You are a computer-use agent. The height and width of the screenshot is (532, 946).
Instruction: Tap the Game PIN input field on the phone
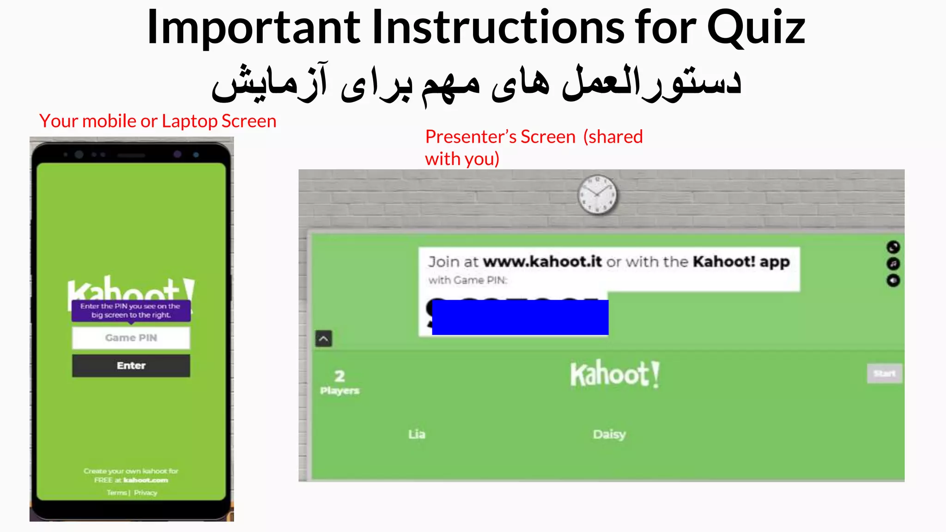[131, 338]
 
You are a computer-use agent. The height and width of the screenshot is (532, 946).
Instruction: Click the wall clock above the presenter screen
[597, 195]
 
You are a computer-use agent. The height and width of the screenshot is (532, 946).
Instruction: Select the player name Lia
[417, 434]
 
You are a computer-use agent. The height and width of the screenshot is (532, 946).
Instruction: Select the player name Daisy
[609, 434]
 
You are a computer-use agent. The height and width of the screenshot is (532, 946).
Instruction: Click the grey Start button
[884, 373]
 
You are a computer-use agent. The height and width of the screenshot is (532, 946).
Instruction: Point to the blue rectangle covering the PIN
[520, 317]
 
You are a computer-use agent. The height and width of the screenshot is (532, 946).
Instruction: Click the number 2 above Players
[340, 376]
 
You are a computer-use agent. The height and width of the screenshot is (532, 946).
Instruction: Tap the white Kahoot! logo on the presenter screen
[615, 374]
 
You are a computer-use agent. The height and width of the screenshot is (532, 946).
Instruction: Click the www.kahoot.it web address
[542, 262]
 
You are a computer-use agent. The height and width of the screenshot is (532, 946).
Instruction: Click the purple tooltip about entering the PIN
[131, 310]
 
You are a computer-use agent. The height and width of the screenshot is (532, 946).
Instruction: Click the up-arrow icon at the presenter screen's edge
[323, 339]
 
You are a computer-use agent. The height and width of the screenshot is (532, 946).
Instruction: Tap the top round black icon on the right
[893, 247]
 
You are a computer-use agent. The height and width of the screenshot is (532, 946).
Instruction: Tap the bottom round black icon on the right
[893, 280]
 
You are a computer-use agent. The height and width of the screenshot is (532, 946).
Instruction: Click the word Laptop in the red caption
[189, 121]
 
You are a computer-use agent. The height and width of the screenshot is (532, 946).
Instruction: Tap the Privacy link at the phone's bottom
[146, 493]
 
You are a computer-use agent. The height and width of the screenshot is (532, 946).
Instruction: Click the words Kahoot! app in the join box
[741, 262]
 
